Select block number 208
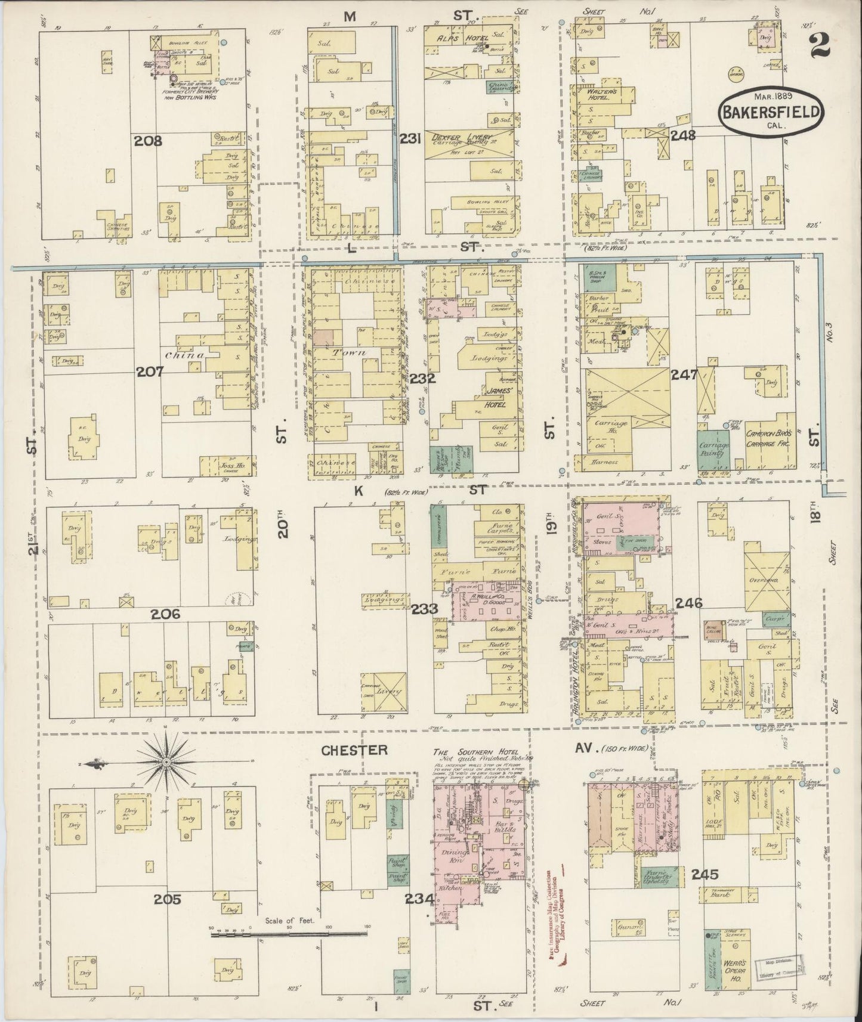click(147, 141)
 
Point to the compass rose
click(165, 762)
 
